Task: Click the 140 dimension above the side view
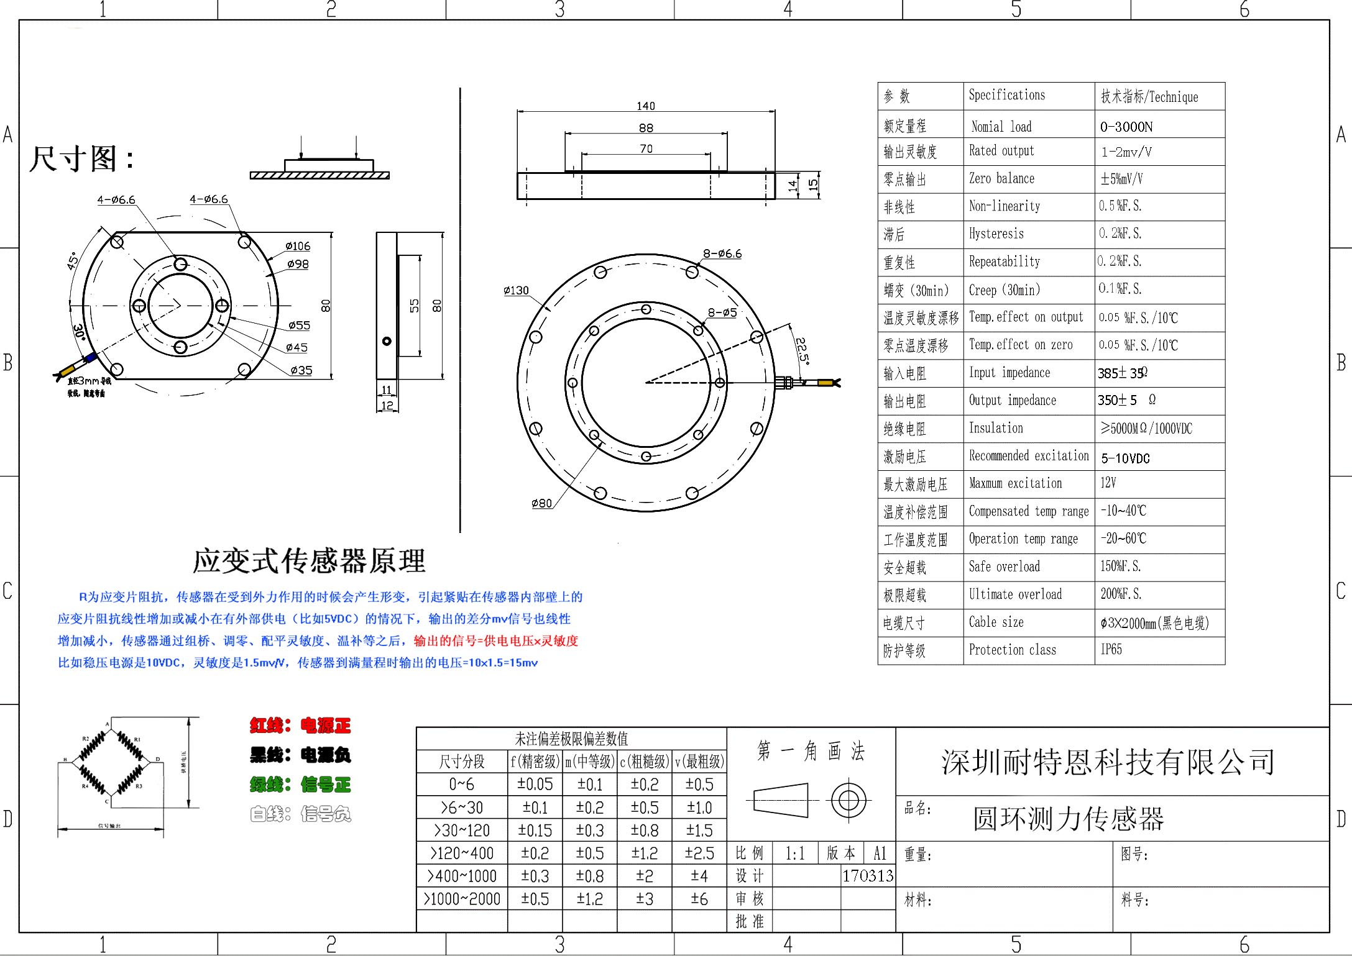pos(646,106)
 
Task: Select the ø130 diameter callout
pos(516,291)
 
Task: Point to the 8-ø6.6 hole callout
pos(722,253)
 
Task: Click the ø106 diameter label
pos(298,246)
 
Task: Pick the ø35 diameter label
pos(301,370)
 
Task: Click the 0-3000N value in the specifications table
pos(1126,127)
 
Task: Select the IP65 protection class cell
pos(1111,650)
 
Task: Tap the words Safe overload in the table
pos(1004,567)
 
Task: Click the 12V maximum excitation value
pos(1108,483)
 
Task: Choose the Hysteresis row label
pos(996,234)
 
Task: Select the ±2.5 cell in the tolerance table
pos(699,854)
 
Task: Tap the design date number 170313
pos(867,876)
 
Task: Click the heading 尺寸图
pos(81,158)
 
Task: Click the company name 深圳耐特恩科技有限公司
pos(1108,762)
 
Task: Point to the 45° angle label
pos(73,261)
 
